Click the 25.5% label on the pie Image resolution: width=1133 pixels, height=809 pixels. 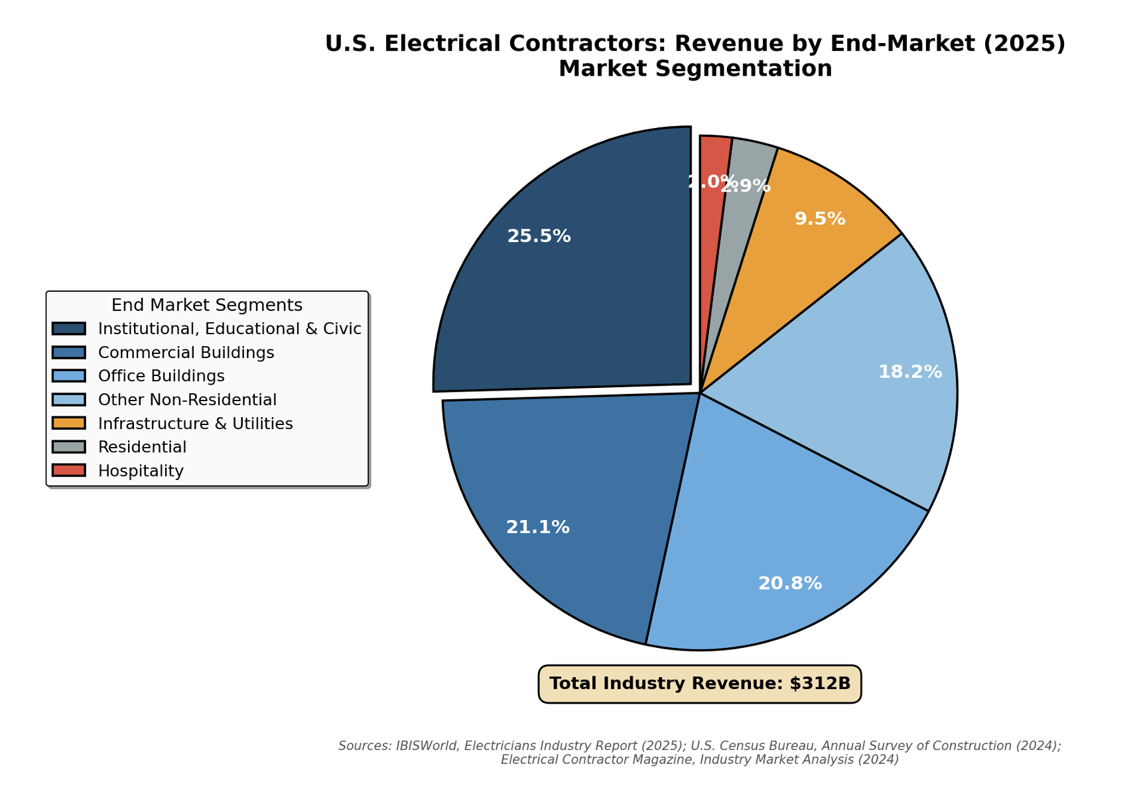click(x=539, y=236)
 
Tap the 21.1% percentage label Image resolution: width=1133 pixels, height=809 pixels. click(x=537, y=527)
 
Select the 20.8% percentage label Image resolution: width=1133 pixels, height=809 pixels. click(x=789, y=584)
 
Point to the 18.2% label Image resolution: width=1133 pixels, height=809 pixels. click(x=909, y=372)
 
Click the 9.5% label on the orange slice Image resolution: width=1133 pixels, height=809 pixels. click(x=820, y=219)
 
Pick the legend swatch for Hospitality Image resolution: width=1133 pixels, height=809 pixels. click(x=69, y=471)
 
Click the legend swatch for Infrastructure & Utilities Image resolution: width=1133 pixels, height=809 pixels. click(x=69, y=423)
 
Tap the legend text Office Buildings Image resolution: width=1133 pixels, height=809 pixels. click(x=161, y=376)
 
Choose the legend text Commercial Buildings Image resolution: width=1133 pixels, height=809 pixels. click(x=186, y=352)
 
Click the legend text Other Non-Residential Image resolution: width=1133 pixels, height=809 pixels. click(x=187, y=400)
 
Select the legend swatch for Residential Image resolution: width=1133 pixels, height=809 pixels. click(x=69, y=447)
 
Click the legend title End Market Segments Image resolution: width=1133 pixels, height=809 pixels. click(x=207, y=305)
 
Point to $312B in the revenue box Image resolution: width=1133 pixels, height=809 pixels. click(x=820, y=684)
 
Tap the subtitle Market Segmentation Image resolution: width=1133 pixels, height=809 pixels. click(x=695, y=68)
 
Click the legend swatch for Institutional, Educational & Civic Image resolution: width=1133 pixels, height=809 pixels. click(x=69, y=328)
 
